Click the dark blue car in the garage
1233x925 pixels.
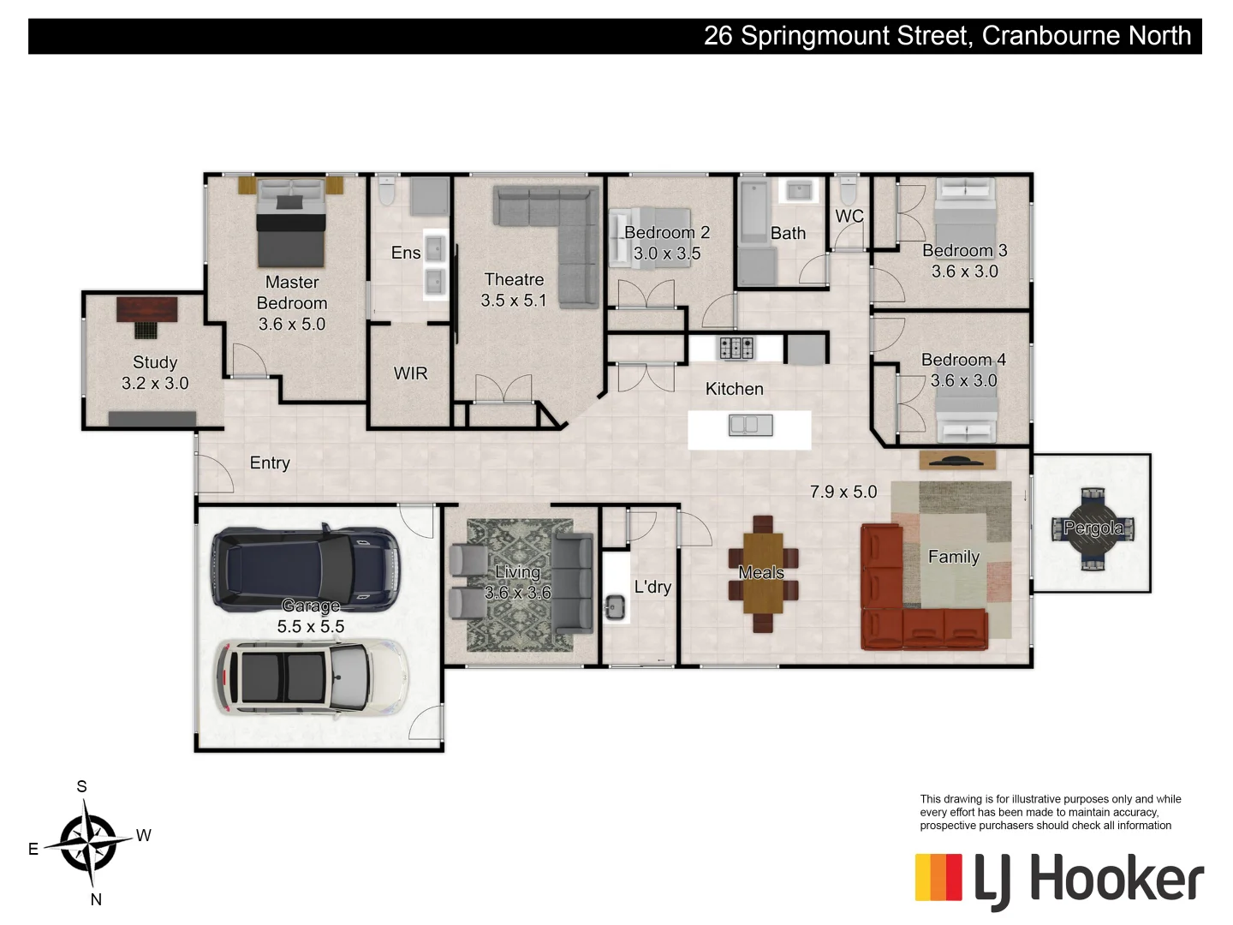(x=306, y=566)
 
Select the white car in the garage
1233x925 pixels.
(x=313, y=677)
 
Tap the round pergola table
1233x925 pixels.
(x=1093, y=528)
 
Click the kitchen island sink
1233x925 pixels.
(x=750, y=425)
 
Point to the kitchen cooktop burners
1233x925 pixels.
(x=736, y=348)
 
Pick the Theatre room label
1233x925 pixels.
(x=514, y=280)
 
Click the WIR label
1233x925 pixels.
(x=410, y=373)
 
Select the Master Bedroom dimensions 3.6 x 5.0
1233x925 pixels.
(x=292, y=325)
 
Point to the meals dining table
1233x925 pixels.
(x=762, y=572)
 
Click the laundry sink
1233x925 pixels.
(x=615, y=606)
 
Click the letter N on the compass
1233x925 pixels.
(x=96, y=899)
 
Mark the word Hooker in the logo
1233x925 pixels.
(x=1116, y=880)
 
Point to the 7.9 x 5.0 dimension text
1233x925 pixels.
(x=843, y=492)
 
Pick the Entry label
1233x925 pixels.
(x=270, y=463)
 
